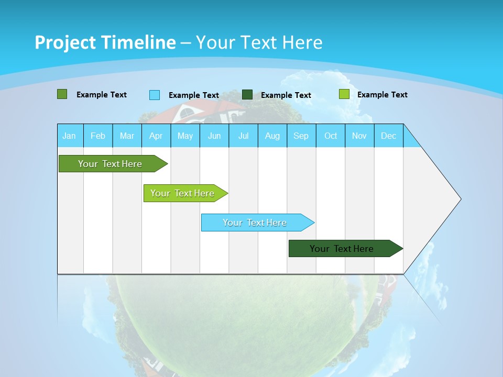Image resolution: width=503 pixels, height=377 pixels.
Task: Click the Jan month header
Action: [70, 136]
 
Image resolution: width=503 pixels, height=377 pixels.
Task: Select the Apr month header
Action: [156, 136]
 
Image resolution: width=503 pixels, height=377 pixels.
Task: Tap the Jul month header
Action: [243, 136]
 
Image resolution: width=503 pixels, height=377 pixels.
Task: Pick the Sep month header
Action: [301, 136]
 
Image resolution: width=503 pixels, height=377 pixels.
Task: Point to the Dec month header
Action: [388, 136]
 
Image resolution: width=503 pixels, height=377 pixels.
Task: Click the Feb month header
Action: [98, 136]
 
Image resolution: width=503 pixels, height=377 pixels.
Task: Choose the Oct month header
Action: [331, 136]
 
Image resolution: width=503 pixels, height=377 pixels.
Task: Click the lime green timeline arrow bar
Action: [183, 193]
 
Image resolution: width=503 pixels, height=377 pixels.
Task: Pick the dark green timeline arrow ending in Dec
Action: [343, 249]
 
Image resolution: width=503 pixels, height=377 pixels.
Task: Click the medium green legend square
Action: [62, 94]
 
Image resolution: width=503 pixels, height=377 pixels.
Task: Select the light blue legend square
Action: [154, 95]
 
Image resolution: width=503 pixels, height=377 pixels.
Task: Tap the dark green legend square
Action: [247, 95]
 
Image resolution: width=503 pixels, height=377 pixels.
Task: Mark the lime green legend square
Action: [344, 94]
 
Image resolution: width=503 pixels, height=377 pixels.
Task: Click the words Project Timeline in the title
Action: [105, 42]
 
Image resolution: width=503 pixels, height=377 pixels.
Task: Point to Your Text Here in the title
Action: [259, 42]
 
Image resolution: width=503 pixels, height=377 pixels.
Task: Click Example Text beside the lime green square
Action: [382, 95]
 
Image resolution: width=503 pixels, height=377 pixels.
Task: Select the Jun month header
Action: [214, 136]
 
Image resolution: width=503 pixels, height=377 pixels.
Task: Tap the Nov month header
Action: [359, 136]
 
